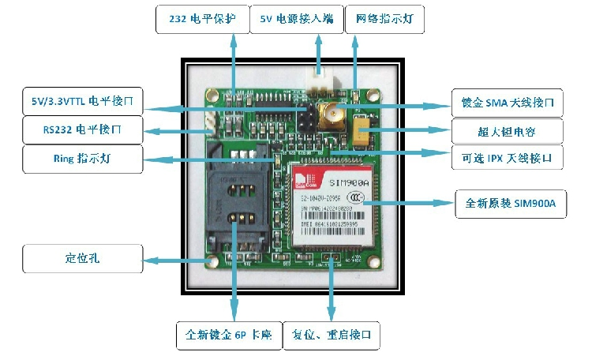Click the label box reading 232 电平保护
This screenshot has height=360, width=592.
(201, 19)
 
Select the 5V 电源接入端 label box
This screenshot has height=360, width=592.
(295, 19)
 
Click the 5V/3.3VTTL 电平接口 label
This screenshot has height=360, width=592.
(83, 101)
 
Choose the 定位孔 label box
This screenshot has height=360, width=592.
(83, 258)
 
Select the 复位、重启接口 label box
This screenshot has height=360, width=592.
(331, 335)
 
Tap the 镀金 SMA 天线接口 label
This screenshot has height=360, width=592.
(508, 102)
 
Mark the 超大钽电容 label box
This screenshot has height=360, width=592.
(508, 129)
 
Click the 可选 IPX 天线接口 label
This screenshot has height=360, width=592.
(508, 158)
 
